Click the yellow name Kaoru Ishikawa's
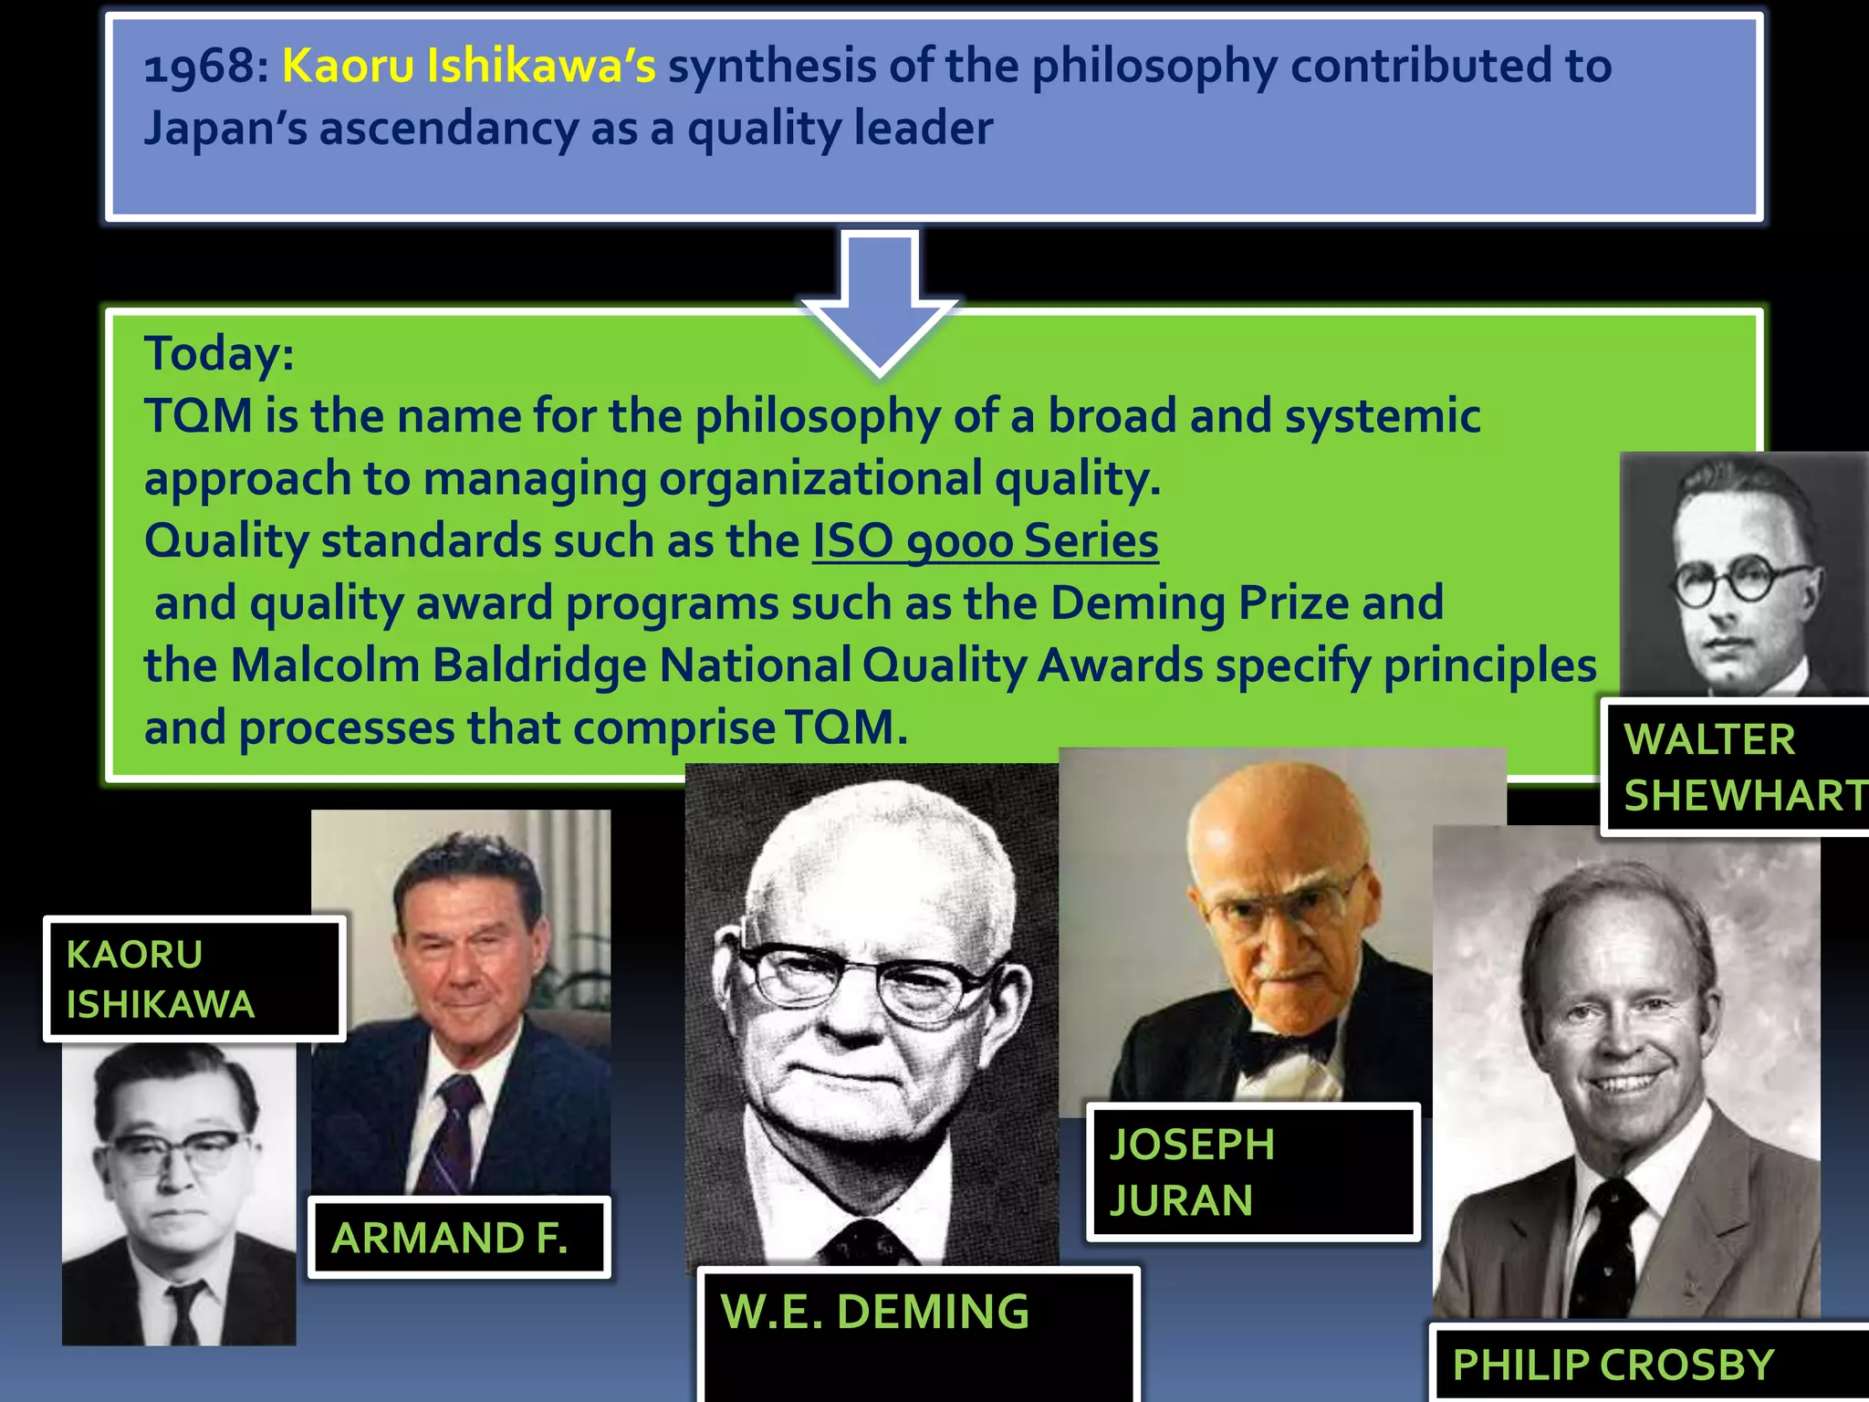click(468, 66)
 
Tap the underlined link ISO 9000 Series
click(986, 540)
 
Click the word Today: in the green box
click(219, 353)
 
